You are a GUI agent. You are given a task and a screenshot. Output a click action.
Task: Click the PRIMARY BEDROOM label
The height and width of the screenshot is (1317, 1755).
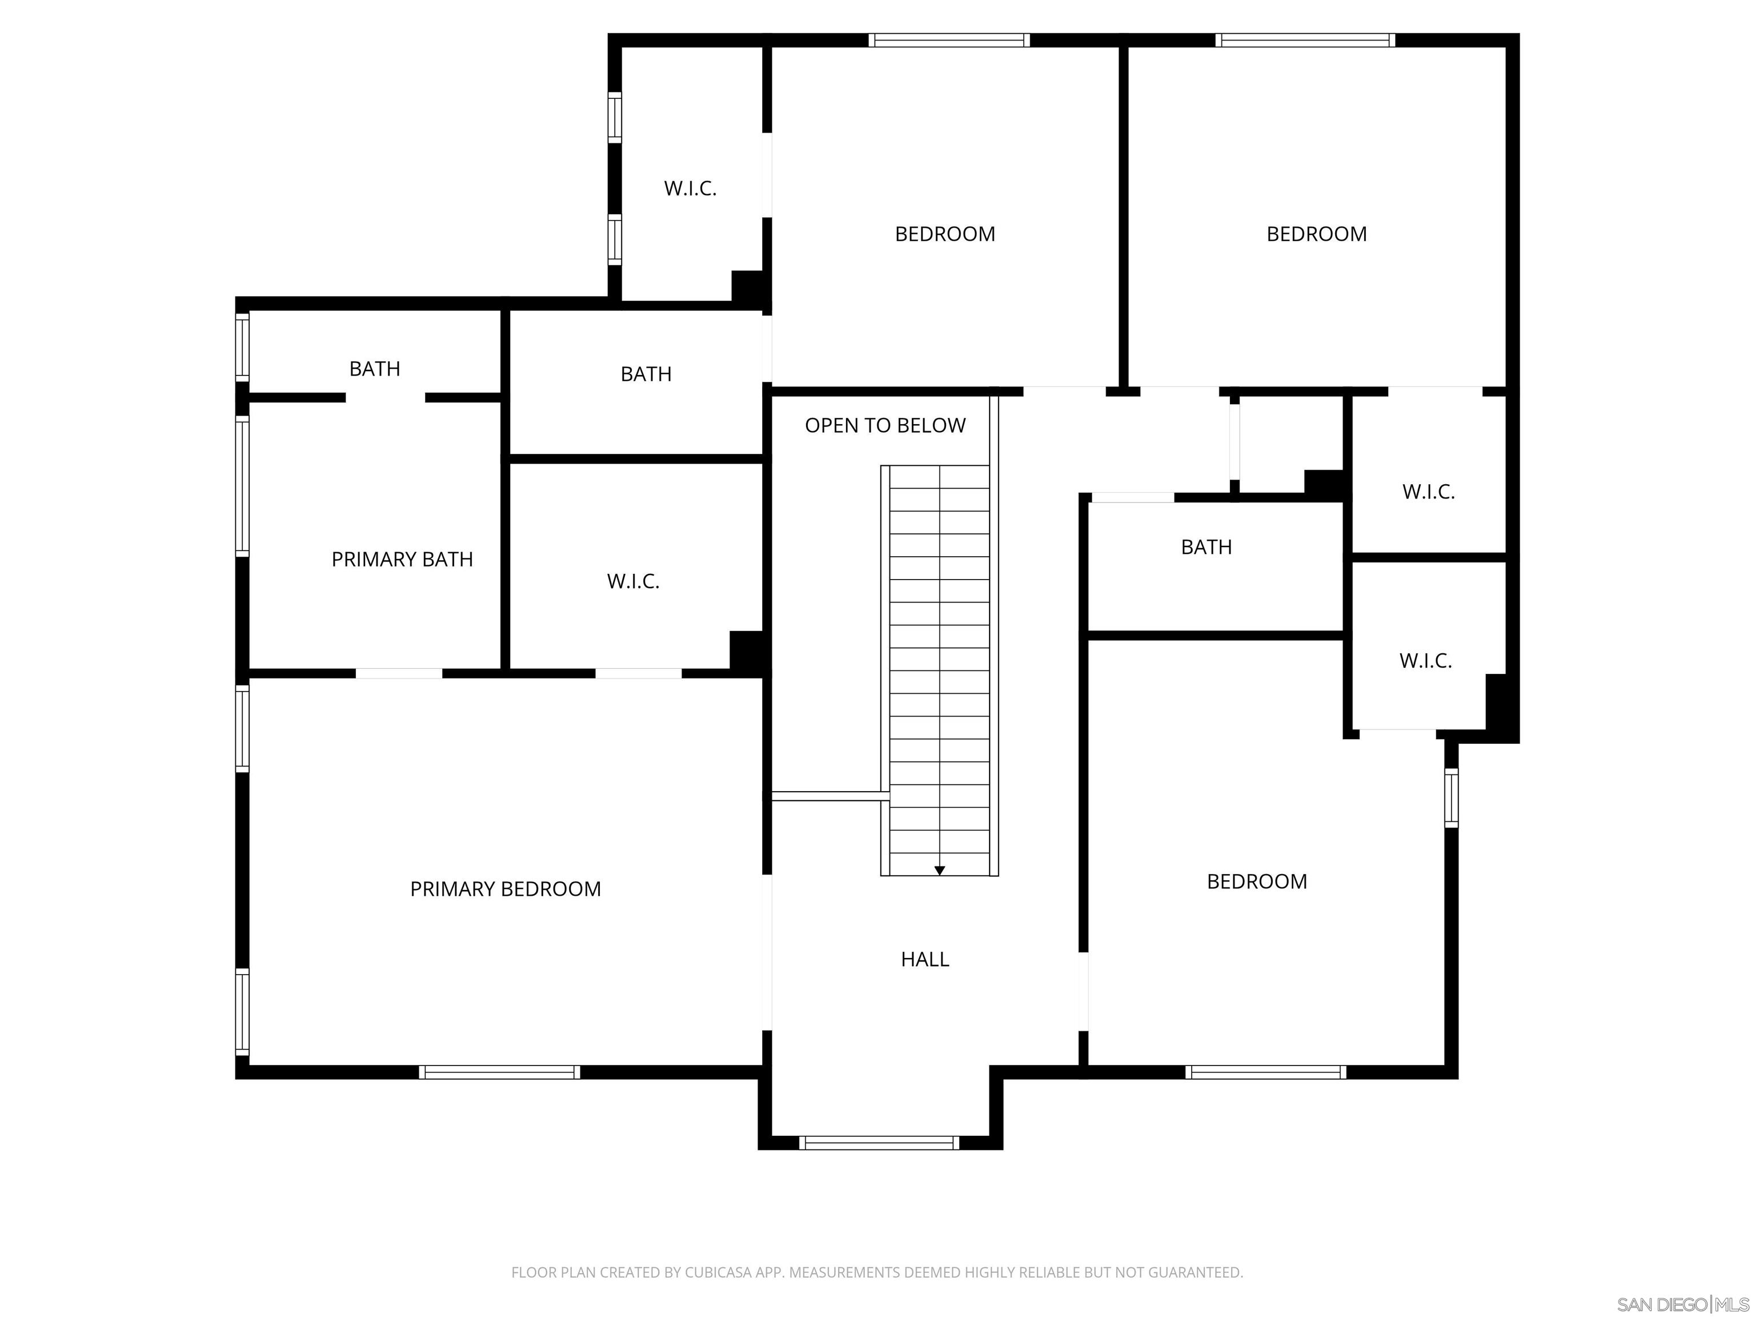point(506,889)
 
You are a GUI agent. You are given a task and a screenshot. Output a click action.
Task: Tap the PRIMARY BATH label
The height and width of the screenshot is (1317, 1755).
point(402,560)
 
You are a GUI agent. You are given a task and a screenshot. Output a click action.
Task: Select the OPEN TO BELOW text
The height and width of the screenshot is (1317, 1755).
point(884,425)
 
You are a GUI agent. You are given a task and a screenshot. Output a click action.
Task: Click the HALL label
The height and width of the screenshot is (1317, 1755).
point(924,959)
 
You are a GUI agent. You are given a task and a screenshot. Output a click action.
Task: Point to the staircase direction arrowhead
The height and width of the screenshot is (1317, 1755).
point(939,871)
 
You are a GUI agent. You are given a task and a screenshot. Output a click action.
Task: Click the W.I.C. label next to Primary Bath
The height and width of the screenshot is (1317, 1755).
point(632,581)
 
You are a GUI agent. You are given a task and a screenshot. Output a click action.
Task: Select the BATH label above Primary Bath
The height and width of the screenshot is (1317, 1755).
point(375,369)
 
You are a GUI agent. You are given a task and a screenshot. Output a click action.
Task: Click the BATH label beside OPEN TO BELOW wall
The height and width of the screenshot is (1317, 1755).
point(646,374)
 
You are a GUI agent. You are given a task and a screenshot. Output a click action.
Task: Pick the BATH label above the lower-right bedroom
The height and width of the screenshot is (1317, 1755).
point(1206,547)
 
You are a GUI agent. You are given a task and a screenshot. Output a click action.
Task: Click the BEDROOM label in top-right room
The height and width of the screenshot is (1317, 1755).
point(1316,234)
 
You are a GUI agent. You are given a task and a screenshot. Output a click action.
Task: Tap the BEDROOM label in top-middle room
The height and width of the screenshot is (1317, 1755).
point(944,234)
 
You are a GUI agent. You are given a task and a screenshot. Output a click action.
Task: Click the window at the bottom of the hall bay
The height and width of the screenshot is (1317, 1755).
point(879,1143)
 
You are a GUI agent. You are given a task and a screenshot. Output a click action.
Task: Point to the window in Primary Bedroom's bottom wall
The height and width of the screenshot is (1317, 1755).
point(500,1072)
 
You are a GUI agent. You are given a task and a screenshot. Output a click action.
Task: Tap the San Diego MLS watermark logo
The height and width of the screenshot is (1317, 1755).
point(1682,1304)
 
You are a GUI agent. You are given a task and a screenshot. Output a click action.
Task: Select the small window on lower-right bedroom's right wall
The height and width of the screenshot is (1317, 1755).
point(1451,798)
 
